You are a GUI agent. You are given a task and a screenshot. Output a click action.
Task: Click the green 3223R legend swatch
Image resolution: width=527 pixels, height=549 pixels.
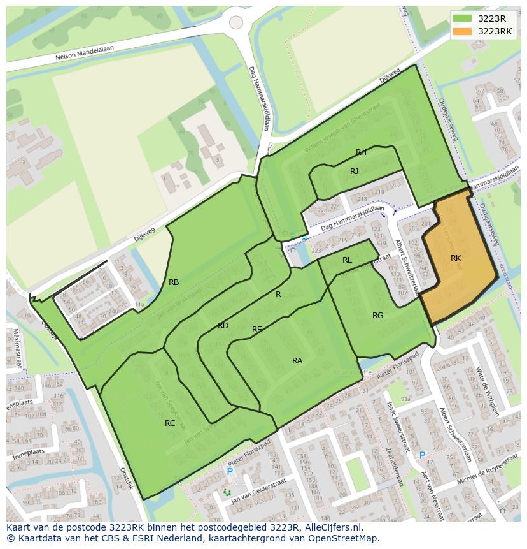463,18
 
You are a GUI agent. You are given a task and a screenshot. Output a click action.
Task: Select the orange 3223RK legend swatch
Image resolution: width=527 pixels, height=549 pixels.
463,31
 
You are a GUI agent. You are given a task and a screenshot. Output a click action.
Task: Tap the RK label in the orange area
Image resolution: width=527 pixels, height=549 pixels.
455,258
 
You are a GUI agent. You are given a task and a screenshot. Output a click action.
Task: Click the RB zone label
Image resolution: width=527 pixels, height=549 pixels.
174,282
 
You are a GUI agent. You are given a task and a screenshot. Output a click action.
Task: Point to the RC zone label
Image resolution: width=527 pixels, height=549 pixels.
170,423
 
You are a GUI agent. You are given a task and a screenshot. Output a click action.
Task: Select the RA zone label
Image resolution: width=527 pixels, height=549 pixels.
297,361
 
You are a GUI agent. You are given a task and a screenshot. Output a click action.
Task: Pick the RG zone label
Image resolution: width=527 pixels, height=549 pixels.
378,316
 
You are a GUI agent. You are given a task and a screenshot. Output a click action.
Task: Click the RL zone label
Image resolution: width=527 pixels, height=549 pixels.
347,260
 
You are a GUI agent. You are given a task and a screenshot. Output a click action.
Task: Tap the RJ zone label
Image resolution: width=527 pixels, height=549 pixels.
355,172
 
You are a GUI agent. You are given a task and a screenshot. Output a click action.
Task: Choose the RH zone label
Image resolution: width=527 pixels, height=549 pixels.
361,152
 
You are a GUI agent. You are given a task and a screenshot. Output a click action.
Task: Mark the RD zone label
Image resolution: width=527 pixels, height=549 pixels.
223,326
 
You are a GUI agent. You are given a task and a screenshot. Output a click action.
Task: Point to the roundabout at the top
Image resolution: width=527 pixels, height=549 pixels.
236,22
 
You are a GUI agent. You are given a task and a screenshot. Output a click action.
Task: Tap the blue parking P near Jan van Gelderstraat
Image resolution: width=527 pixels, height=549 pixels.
230,472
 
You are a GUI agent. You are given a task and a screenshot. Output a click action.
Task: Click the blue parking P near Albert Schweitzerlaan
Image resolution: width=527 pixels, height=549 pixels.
422,455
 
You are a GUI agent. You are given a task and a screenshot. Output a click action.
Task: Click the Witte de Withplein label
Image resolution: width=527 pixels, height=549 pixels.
488,383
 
